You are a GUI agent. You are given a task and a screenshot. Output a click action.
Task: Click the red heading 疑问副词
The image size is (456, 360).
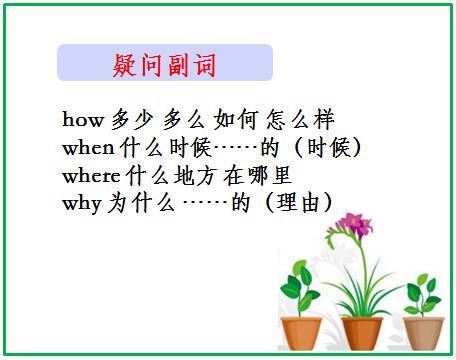[164, 66]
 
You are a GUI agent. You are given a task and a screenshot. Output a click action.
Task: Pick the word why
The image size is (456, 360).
[79, 203]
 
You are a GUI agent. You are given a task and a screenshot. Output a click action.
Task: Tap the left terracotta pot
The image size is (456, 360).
[301, 330]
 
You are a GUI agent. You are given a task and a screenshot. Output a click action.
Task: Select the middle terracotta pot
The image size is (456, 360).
[362, 331]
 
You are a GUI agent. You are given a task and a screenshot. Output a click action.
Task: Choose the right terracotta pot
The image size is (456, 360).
[423, 331]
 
